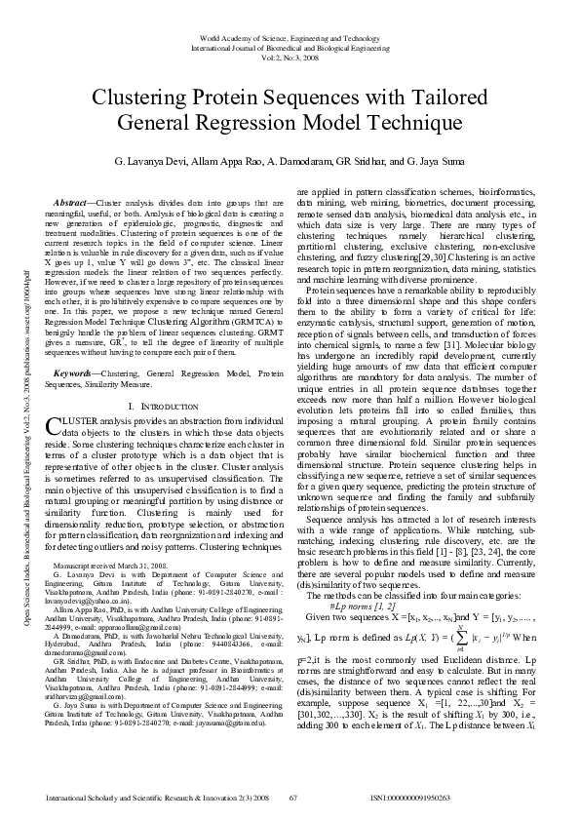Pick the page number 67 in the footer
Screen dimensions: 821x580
[x=292, y=798]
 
